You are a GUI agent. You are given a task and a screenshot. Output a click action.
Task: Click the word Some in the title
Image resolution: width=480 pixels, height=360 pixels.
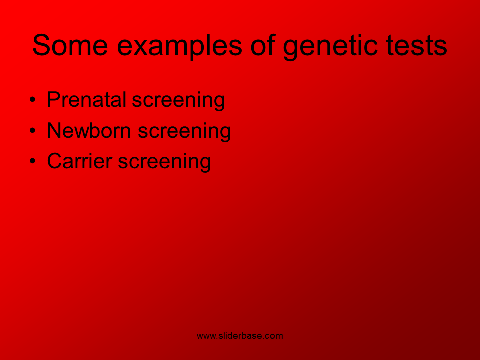[x=70, y=45]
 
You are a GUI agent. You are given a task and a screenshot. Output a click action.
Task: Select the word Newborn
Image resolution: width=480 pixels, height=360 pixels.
[x=89, y=130]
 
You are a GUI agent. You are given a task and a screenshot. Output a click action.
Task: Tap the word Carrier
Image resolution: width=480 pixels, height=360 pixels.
[x=80, y=161]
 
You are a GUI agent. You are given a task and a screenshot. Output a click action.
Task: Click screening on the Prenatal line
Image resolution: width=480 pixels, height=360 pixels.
[x=179, y=100]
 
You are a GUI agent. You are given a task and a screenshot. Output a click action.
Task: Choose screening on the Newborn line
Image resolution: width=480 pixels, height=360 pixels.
[x=184, y=131]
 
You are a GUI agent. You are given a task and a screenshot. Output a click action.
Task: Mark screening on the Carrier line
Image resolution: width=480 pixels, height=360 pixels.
[x=164, y=162]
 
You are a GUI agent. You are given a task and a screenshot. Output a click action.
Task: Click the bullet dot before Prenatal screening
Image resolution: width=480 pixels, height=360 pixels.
[x=33, y=100]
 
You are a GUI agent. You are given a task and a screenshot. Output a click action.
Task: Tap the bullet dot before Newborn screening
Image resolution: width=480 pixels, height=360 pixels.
[x=33, y=130]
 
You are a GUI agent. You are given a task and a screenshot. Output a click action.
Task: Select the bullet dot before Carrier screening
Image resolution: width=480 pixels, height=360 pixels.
[x=33, y=161]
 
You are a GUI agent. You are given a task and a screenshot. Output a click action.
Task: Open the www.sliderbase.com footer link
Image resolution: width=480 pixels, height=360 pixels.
[x=240, y=336]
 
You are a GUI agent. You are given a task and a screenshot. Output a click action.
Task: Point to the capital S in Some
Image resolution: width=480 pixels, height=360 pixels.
[x=41, y=45]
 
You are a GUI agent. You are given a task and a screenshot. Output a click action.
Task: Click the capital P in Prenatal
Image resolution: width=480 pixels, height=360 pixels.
[x=53, y=99]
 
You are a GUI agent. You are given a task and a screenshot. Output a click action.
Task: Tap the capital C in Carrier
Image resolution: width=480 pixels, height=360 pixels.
[x=55, y=161]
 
